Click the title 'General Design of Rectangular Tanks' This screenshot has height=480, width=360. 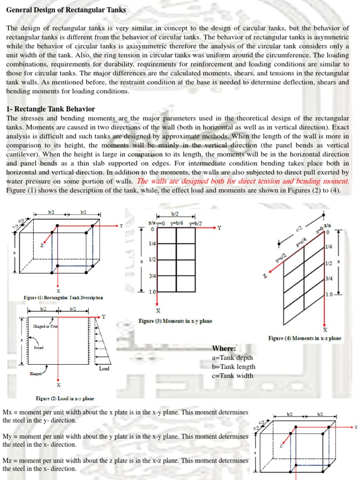pos(66,10)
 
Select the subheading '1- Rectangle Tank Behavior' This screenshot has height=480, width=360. pos(51,109)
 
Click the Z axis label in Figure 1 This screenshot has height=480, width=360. pos(41,245)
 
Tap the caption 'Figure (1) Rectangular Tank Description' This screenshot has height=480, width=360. pos(63,297)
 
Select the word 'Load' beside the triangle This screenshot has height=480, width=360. pos(104,368)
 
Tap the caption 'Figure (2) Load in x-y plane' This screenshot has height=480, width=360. pos(65,398)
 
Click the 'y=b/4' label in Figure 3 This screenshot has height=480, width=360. pos(177,223)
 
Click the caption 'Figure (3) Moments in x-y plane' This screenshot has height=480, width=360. pos(175,321)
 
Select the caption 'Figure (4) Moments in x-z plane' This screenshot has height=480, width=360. pos(305,338)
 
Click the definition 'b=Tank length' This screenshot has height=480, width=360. pos(233,367)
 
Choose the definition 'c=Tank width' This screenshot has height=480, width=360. pos(232,375)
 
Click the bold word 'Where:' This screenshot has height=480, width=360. pos(224,348)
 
